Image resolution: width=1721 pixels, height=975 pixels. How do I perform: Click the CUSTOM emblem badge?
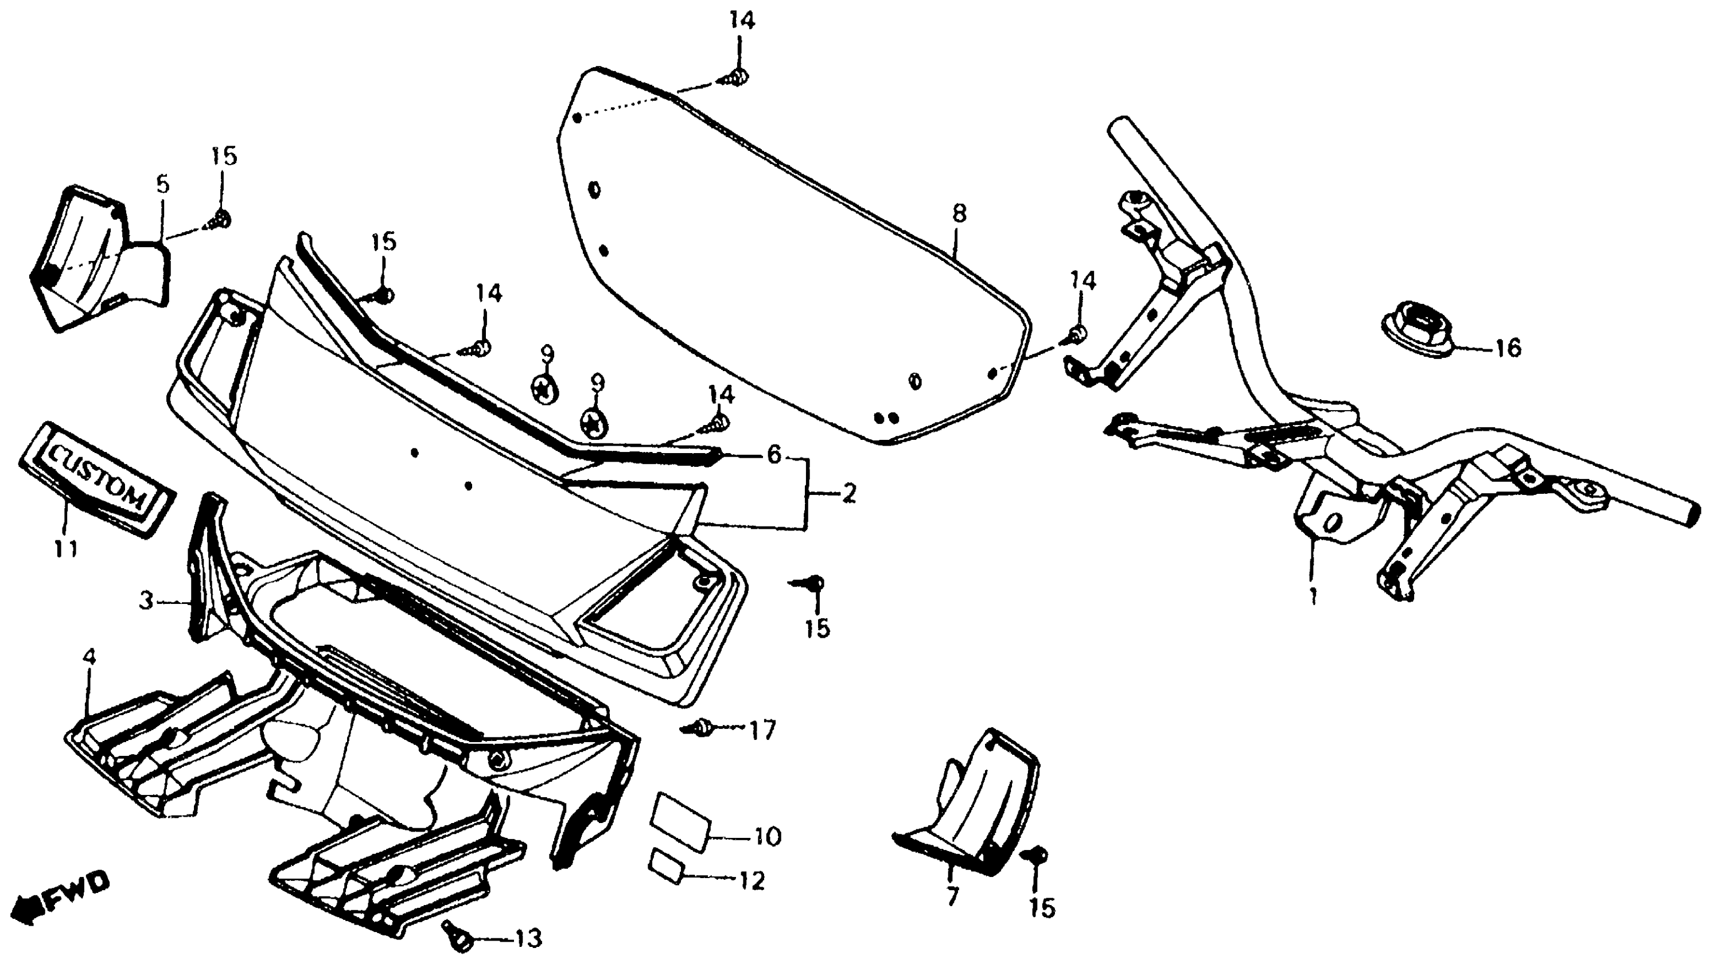(96, 479)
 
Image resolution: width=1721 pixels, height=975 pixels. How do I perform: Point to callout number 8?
(959, 214)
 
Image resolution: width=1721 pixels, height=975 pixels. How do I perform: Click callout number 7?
(952, 895)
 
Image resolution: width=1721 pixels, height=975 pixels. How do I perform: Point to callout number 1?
(1313, 595)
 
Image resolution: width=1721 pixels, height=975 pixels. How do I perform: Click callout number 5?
(163, 184)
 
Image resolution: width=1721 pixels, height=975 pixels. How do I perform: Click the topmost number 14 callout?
(742, 21)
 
